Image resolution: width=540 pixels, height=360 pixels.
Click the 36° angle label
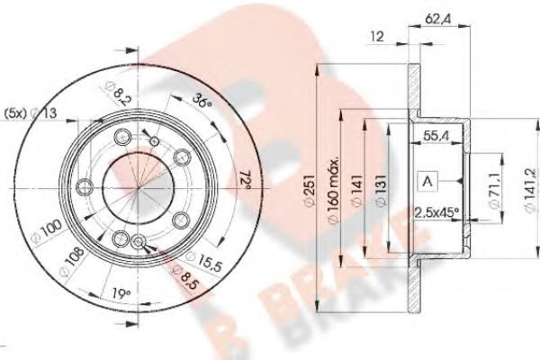203,101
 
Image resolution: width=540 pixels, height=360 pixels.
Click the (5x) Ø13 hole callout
30,112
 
